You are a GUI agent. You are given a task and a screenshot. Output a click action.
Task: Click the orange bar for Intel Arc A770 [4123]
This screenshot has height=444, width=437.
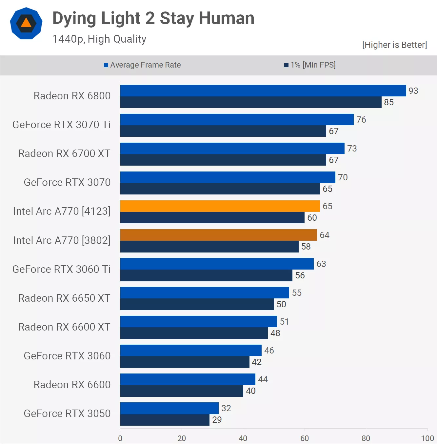click(x=220, y=206)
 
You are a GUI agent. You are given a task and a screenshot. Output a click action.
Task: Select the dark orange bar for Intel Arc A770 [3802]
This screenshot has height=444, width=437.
click(x=218, y=235)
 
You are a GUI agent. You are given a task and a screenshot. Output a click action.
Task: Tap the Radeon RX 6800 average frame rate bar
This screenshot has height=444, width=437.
click(x=263, y=91)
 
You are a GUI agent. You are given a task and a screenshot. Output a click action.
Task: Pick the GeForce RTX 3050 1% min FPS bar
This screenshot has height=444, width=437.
click(x=165, y=420)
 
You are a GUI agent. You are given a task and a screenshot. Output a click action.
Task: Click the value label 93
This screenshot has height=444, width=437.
click(x=413, y=91)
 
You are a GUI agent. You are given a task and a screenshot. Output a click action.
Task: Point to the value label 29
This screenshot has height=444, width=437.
click(x=217, y=420)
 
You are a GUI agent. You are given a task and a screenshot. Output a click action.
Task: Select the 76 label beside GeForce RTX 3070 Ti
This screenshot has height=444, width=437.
click(x=361, y=120)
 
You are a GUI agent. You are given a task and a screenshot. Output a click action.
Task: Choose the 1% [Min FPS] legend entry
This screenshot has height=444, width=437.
click(x=310, y=65)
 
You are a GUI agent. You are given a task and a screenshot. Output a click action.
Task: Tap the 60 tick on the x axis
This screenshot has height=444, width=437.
click(x=304, y=438)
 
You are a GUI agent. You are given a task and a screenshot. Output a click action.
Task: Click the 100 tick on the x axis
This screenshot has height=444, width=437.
click(x=427, y=438)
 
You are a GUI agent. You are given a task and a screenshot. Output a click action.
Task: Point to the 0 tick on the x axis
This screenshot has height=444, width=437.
click(x=120, y=438)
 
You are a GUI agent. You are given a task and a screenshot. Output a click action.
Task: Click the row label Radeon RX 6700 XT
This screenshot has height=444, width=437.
click(x=64, y=153)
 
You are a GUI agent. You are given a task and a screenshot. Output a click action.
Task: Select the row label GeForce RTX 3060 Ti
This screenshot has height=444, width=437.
click(x=61, y=269)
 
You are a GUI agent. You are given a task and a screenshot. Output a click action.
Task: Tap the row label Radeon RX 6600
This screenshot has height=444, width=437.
click(x=72, y=385)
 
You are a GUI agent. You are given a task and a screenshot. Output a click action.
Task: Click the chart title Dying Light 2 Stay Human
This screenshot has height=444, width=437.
click(x=153, y=18)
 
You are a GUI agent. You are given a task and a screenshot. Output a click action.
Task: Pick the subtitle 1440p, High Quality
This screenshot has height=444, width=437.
click(x=99, y=39)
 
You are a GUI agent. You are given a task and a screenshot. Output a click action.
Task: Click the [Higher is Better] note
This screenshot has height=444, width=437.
click(x=394, y=45)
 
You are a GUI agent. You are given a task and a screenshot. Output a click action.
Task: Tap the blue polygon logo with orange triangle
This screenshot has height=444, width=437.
click(x=26, y=23)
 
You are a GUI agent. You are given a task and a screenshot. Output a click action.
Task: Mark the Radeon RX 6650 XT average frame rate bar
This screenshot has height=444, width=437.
click(x=205, y=293)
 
